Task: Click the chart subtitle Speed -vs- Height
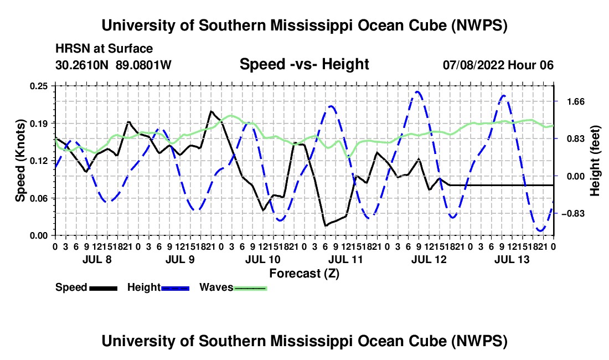coord(304,64)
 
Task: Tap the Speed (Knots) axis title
coord(20,161)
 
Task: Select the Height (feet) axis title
coord(595,161)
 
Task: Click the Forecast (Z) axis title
coord(304,274)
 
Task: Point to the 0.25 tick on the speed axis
coord(39,86)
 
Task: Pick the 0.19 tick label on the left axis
coord(39,124)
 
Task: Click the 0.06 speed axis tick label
coord(39,198)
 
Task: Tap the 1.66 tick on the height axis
coord(576,102)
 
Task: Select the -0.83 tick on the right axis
coord(573,214)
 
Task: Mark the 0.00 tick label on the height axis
coord(576,176)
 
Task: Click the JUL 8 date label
coord(97,259)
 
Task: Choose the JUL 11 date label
coord(345,259)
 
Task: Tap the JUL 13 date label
coord(512,259)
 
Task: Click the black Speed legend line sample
coord(104,288)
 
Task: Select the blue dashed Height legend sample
coord(175,288)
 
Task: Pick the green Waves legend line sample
coord(250,288)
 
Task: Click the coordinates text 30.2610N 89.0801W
coord(113,65)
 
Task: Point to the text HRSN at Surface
coord(104,49)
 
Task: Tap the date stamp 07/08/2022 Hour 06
coord(498,65)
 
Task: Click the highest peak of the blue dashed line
coord(417,91)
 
